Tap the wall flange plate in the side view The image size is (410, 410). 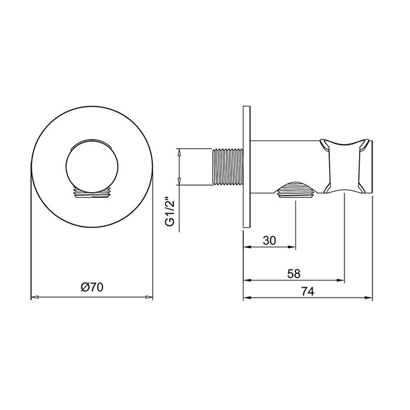pos(246,167)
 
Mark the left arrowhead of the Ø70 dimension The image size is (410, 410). pos(34,298)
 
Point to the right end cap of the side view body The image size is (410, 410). pos(367,166)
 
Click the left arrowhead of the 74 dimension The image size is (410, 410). pos(246,298)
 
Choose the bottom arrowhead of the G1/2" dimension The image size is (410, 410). pos(180,183)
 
